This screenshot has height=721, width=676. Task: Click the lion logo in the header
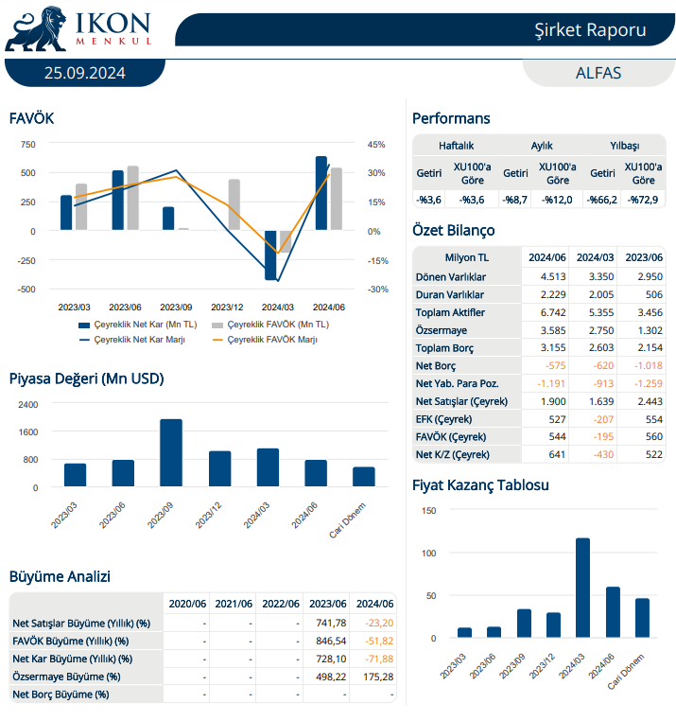point(34,28)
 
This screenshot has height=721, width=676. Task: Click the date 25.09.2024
point(84,73)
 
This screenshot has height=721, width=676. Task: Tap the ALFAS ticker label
point(598,73)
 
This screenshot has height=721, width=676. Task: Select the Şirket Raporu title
point(589,29)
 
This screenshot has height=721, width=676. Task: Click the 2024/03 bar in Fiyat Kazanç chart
point(582,588)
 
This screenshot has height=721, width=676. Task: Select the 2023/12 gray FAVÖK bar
point(234,204)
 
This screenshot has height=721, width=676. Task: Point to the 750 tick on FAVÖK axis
point(27,144)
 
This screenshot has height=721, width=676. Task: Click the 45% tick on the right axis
point(376,144)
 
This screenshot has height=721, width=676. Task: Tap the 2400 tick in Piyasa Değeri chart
point(28,404)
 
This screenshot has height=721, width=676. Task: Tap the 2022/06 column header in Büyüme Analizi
point(281,604)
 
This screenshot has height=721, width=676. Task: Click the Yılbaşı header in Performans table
point(624,146)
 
